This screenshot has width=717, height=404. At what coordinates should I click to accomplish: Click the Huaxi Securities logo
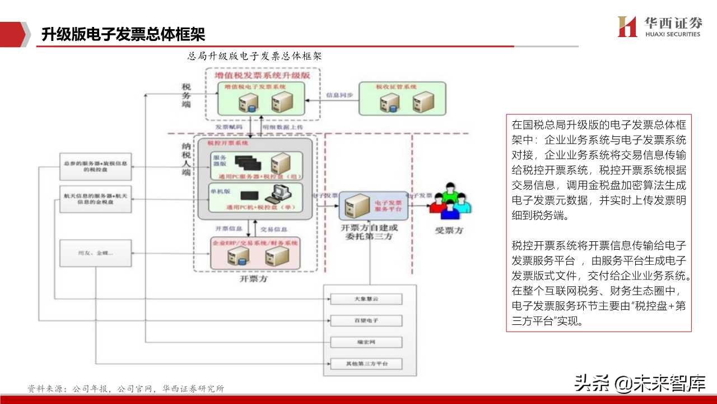click(659, 26)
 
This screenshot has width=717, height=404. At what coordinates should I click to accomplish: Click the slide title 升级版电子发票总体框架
click(123, 35)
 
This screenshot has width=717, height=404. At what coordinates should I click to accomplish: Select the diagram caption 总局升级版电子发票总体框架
click(254, 56)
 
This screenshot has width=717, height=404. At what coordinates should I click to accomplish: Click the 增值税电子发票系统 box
click(261, 99)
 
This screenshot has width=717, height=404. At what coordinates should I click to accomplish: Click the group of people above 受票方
click(450, 201)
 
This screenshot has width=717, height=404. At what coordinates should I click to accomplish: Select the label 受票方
click(449, 231)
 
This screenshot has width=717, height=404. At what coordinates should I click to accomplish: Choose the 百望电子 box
click(366, 320)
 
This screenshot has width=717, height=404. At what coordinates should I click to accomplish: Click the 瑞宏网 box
click(366, 342)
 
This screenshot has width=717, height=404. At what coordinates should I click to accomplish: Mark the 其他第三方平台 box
click(366, 364)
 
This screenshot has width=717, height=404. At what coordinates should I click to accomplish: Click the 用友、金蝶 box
click(95, 253)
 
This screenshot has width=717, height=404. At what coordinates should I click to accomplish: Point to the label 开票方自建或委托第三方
click(370, 232)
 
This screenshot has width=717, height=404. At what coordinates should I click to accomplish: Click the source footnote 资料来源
click(126, 388)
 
